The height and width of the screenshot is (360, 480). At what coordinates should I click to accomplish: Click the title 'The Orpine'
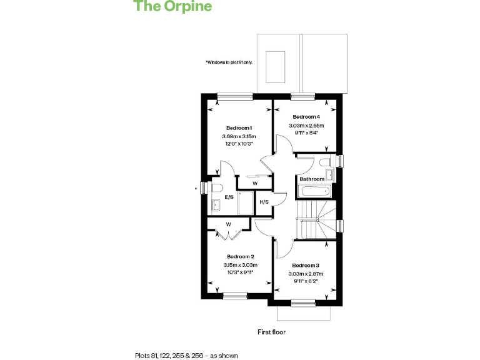173,7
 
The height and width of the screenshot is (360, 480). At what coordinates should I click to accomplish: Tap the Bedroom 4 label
306,117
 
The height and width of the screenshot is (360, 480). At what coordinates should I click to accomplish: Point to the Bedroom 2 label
240,257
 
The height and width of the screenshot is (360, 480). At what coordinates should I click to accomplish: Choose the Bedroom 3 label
306,265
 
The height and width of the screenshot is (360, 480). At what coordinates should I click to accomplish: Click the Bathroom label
312,179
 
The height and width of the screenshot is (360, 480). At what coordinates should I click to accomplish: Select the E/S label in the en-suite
229,197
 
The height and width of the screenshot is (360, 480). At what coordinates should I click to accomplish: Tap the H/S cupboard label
264,202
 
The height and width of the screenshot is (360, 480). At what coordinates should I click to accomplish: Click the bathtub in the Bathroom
314,191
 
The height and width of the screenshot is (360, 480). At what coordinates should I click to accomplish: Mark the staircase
316,220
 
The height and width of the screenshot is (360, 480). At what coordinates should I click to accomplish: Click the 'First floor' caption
271,332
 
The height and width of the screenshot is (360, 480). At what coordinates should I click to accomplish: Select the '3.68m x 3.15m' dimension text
239,136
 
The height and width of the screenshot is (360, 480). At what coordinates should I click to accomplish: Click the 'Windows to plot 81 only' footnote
229,62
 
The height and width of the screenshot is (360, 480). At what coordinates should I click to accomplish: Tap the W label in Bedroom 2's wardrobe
228,224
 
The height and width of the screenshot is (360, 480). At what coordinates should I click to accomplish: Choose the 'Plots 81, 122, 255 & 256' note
186,355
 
